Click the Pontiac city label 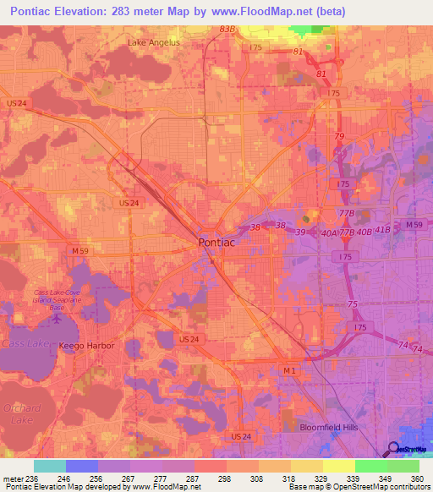[216, 242]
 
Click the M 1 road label [290, 370]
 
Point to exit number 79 [339, 137]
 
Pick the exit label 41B [383, 230]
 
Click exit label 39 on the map [300, 232]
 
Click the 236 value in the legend [33, 478]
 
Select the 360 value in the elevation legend [415, 478]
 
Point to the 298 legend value [224, 478]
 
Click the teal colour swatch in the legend [49, 466]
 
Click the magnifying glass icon [394, 449]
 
